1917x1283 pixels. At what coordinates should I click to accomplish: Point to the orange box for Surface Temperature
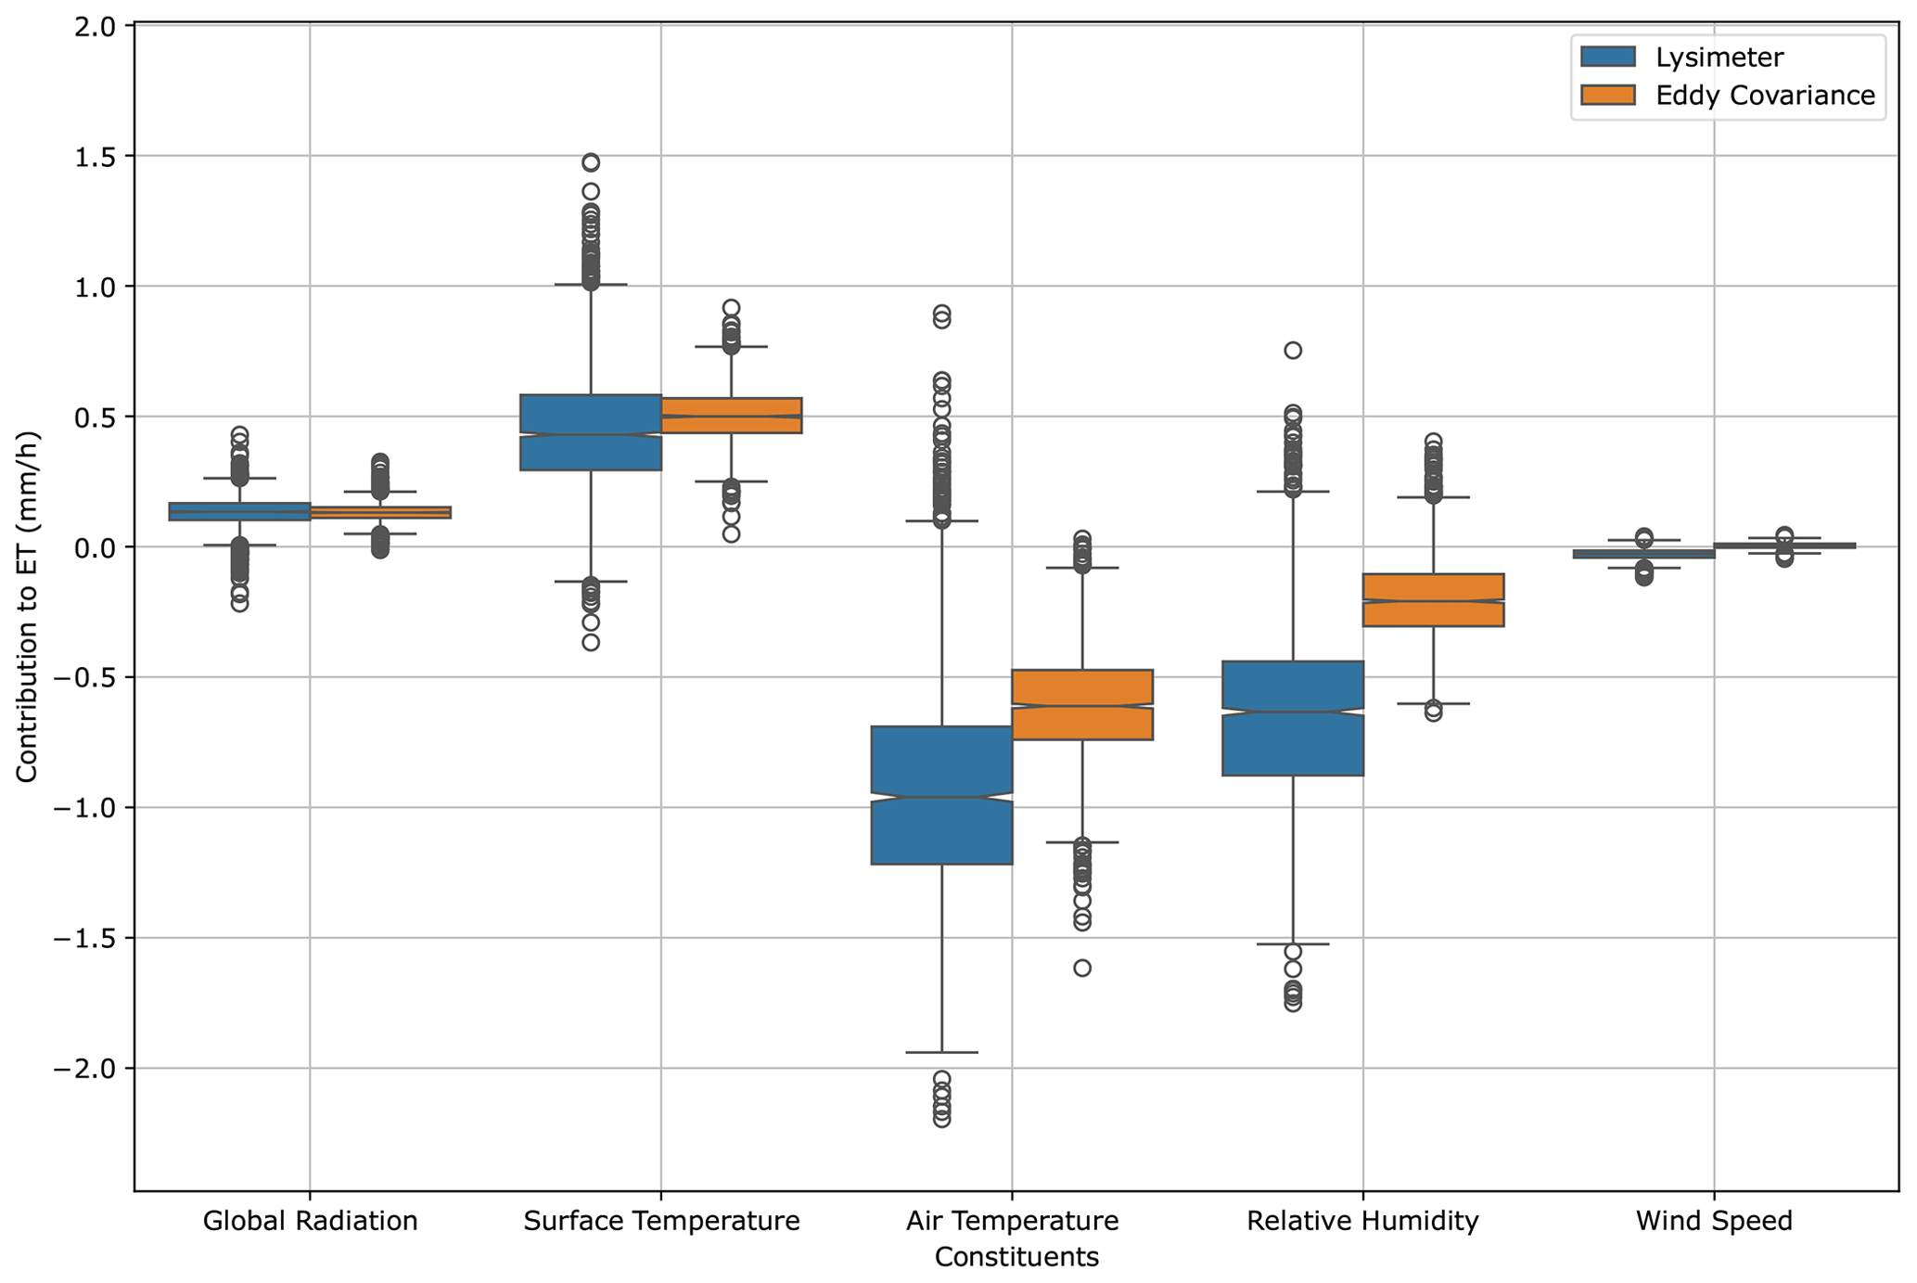click(731, 416)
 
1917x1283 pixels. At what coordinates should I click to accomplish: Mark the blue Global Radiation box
click(239, 511)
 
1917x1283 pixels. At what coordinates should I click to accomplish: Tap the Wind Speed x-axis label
click(1714, 1221)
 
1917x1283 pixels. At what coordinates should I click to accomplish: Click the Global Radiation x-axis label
click(310, 1221)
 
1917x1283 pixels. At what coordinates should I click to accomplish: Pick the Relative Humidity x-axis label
click(1362, 1221)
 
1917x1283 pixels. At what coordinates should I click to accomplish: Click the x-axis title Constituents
click(1016, 1257)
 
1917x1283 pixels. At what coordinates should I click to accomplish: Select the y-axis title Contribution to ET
click(27, 607)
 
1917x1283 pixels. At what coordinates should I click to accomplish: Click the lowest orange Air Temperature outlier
click(1082, 968)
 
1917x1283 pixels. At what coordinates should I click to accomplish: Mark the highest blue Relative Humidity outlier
click(1293, 350)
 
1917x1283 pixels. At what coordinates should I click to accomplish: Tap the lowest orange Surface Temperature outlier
click(731, 533)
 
